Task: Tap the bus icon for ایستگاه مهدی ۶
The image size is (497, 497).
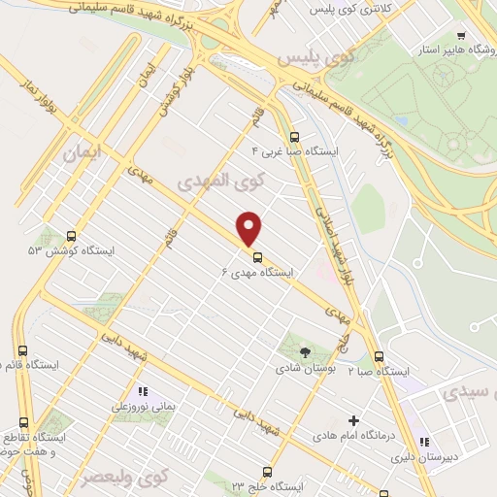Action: click(257, 257)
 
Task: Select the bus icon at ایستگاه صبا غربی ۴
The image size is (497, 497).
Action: click(294, 137)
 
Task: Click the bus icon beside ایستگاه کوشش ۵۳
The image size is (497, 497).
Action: click(71, 236)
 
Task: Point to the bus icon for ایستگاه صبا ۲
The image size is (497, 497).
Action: click(379, 356)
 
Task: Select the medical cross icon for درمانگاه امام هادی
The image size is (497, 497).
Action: click(353, 422)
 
